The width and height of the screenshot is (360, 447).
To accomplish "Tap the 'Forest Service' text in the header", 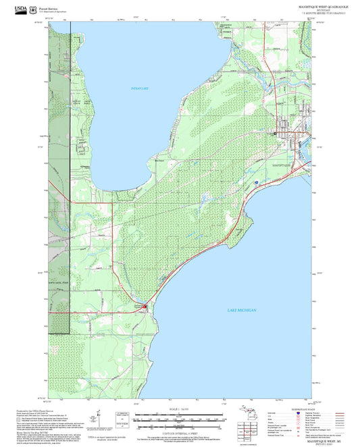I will (x=49, y=8).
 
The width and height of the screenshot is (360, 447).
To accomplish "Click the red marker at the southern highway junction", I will (x=148, y=305).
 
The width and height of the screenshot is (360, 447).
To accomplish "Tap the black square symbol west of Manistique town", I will (x=275, y=134).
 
